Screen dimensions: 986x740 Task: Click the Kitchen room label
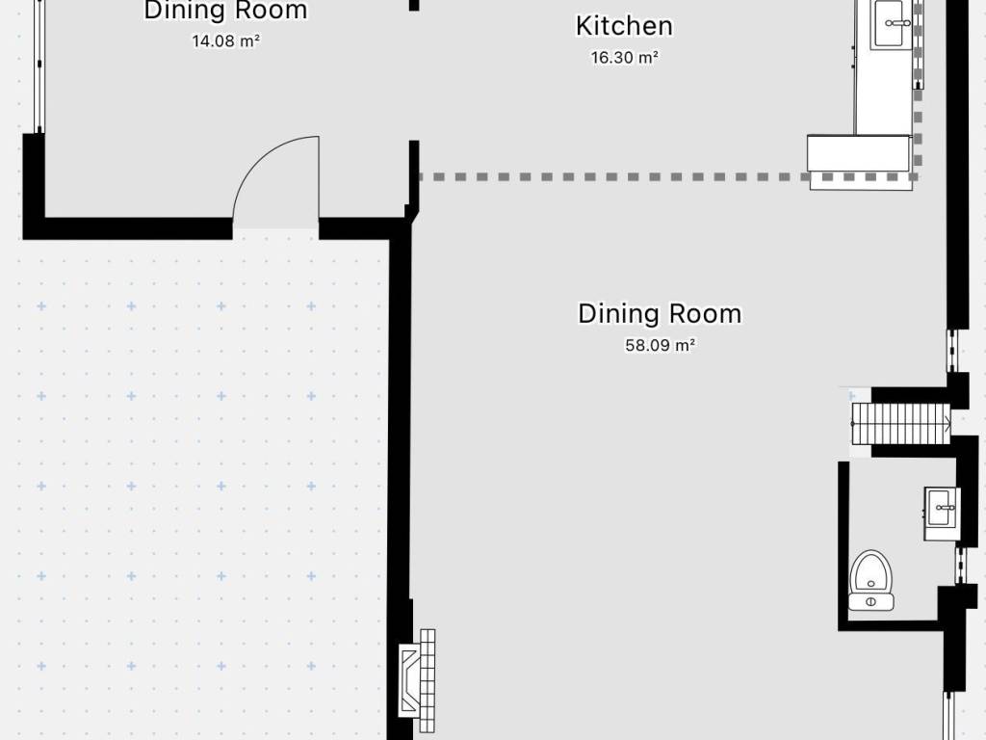pyautogui.click(x=624, y=26)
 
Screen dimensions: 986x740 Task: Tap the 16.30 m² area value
pyautogui.click(x=624, y=57)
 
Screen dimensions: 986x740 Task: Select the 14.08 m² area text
pyautogui.click(x=225, y=40)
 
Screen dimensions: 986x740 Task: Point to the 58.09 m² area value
pyautogui.click(x=660, y=345)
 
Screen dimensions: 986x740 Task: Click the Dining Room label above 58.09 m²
pyautogui.click(x=660, y=313)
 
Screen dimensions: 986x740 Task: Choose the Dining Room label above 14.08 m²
pyautogui.click(x=225, y=11)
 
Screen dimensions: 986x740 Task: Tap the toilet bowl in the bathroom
pyautogui.click(x=870, y=571)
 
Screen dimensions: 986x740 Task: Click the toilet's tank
pyautogui.click(x=870, y=602)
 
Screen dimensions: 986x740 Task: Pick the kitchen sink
pyautogui.click(x=892, y=24)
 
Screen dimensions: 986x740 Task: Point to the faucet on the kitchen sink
pyautogui.click(x=897, y=23)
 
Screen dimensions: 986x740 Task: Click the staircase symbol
pyautogui.click(x=901, y=424)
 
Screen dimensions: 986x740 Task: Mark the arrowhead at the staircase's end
pyautogui.click(x=947, y=424)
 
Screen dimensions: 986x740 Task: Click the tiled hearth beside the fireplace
pyautogui.click(x=428, y=680)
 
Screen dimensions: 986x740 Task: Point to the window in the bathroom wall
pyautogui.click(x=960, y=566)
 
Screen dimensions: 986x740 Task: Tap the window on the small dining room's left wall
pyautogui.click(x=39, y=66)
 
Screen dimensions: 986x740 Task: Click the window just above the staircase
pyautogui.click(x=952, y=351)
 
